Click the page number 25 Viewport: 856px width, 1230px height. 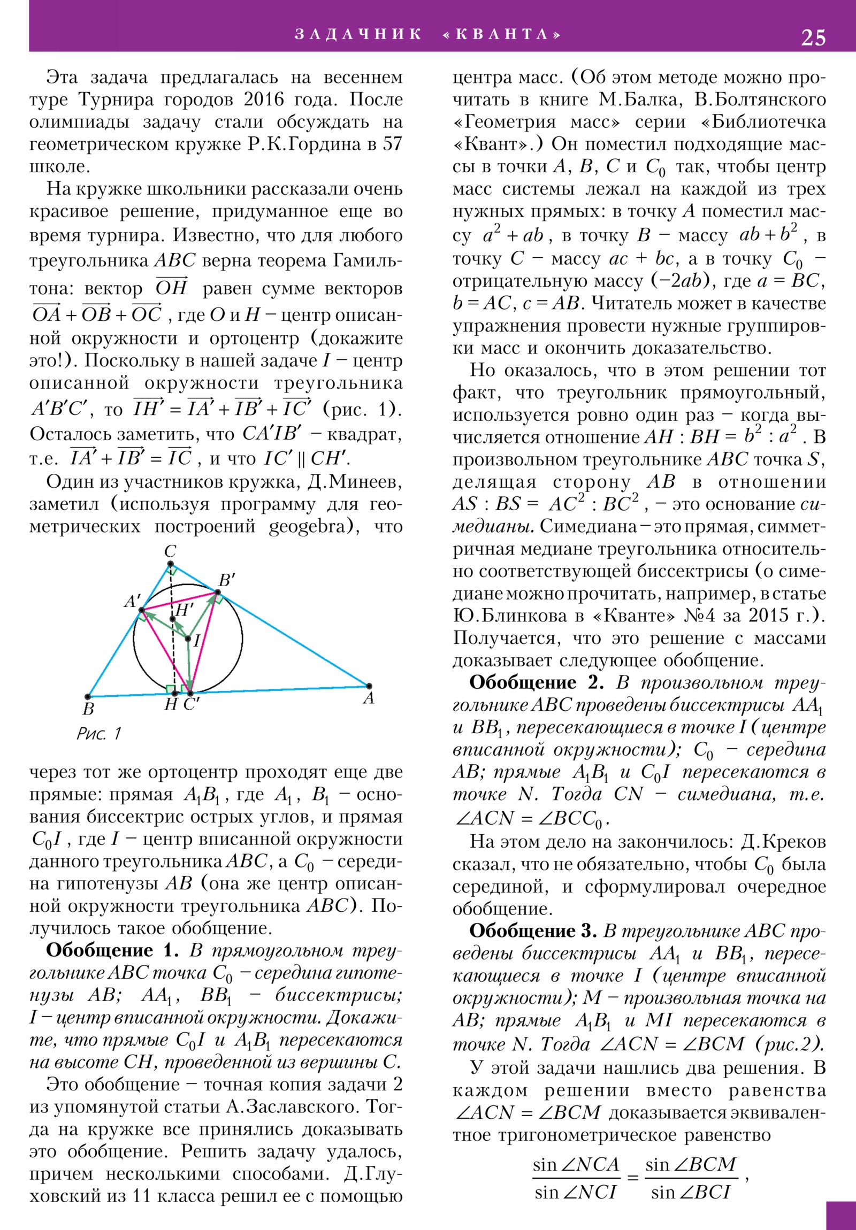pyautogui.click(x=813, y=37)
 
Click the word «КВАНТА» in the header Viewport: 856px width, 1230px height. pyautogui.click(x=503, y=34)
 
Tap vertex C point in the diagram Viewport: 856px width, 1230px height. pyautogui.click(x=170, y=564)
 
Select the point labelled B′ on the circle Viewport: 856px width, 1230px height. pyautogui.click(x=217, y=593)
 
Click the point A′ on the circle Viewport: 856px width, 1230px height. pyautogui.click(x=141, y=610)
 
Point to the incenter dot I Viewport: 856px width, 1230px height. pyautogui.click(x=188, y=638)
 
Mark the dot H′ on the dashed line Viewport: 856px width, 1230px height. pyautogui.click(x=173, y=619)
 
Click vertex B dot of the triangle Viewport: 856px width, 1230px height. pyautogui.click(x=88, y=696)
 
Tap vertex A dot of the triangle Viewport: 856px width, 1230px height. pyautogui.click(x=369, y=686)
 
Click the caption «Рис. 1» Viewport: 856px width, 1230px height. pyautogui.click(x=99, y=733)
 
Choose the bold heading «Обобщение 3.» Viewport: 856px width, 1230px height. pyautogui.click(x=533, y=931)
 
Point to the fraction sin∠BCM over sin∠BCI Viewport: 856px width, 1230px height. pyautogui.click(x=690, y=1177)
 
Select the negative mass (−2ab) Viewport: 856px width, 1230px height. pyautogui.click(x=682, y=281)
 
